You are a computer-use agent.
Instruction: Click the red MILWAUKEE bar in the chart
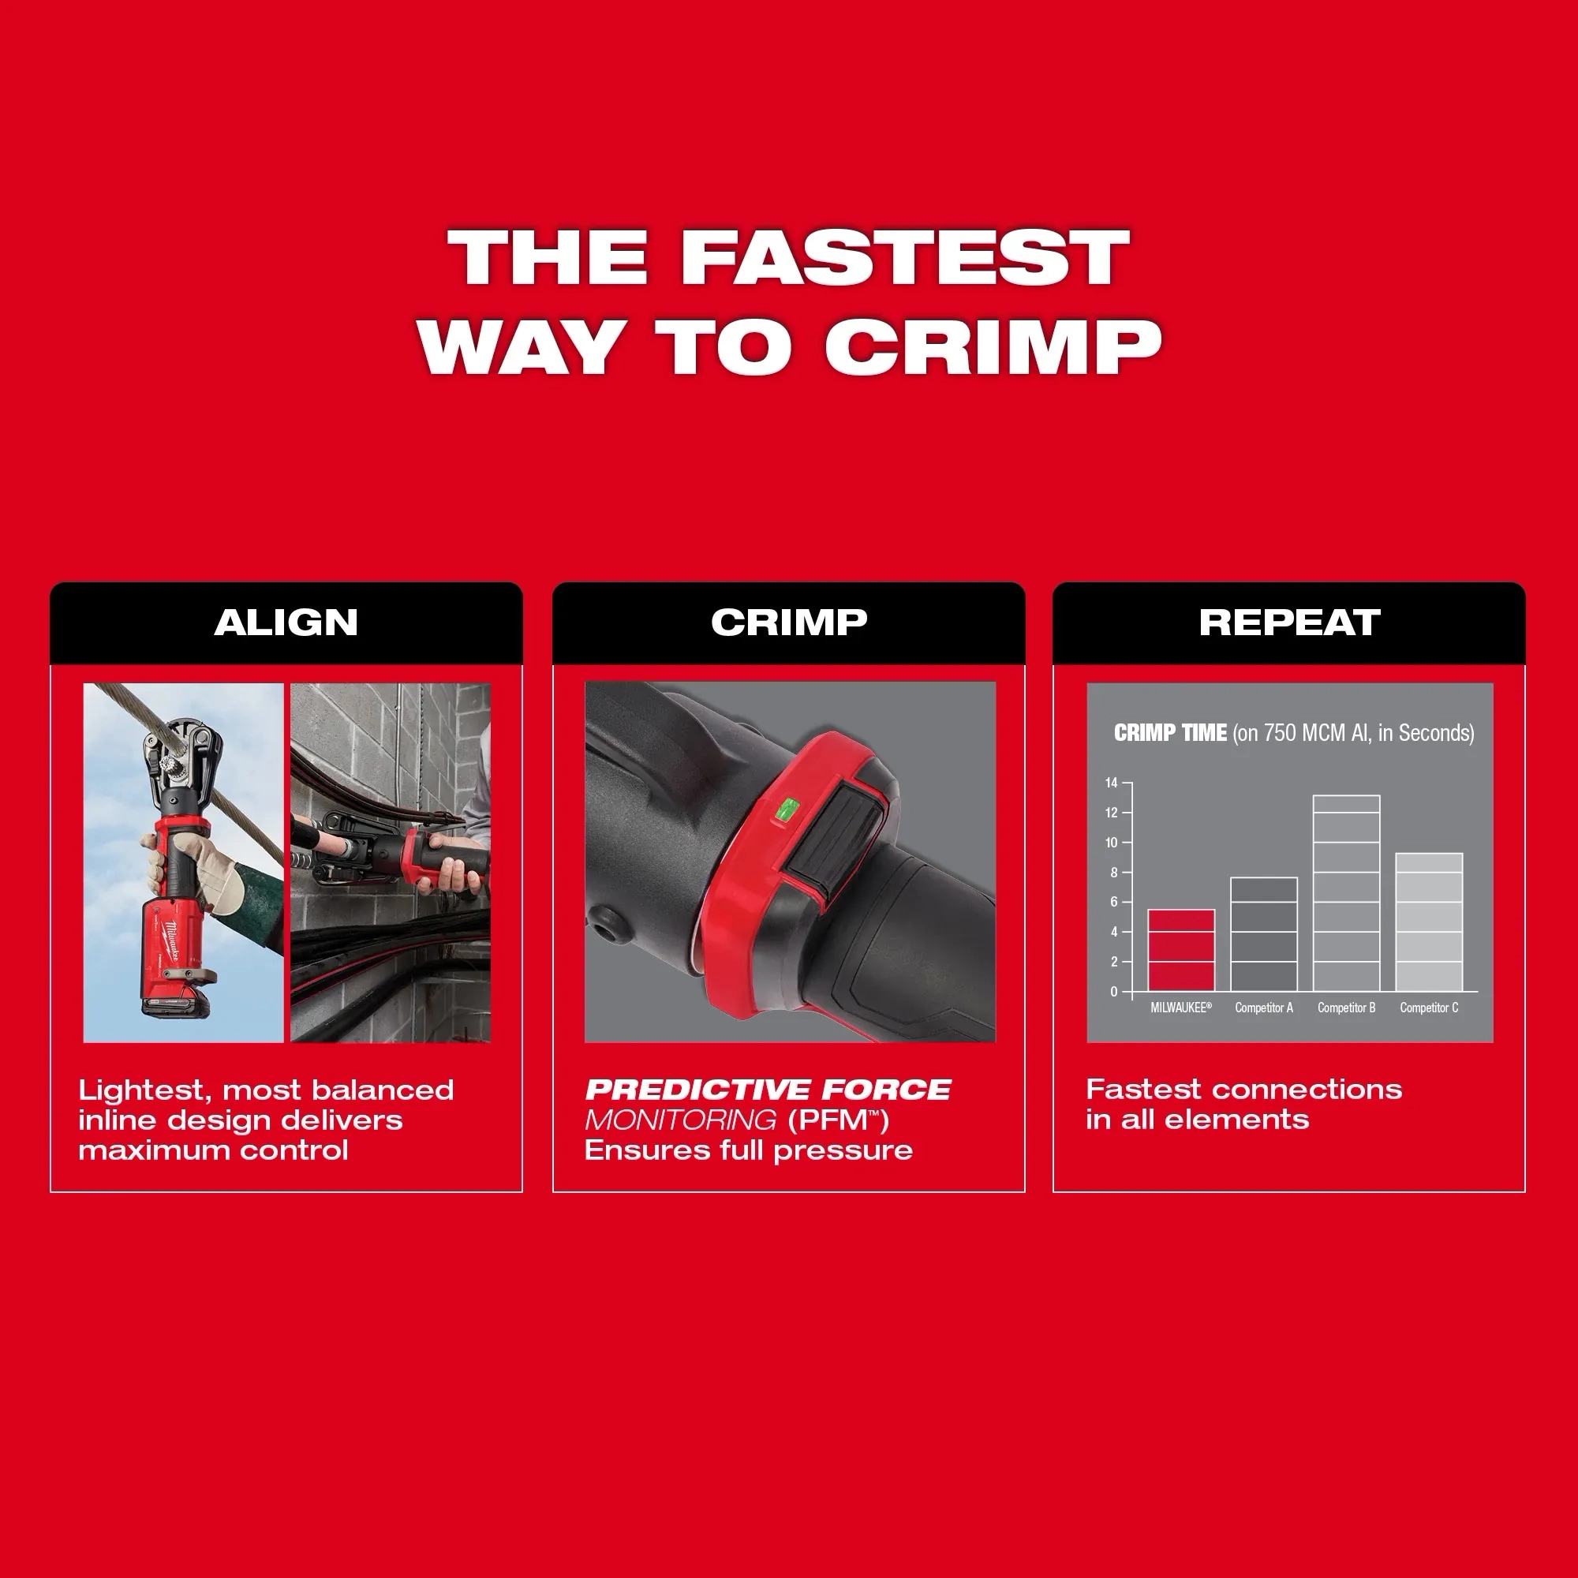1181,950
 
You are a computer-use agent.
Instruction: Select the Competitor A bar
1263,934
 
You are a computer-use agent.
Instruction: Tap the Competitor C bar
1429,922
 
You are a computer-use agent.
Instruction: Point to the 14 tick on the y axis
1112,783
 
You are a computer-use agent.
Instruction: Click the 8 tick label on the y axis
1113,873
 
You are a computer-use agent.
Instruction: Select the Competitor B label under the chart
1346,1008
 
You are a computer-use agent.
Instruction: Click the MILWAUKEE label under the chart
1181,1008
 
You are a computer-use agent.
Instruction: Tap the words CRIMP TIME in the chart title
1170,733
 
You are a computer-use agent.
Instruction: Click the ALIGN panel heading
286,623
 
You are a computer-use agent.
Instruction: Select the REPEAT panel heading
1290,623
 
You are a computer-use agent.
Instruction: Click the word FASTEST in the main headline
905,256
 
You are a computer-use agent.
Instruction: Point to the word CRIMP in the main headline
993,346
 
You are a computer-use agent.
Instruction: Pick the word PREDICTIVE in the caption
698,1090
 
